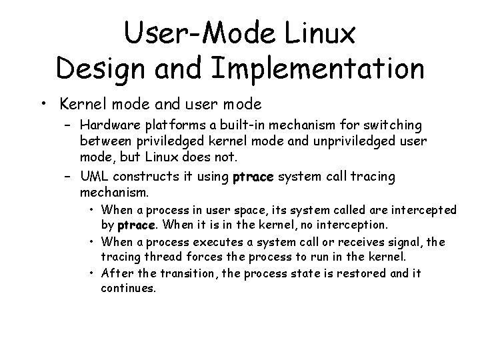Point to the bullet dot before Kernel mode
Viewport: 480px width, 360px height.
click(43, 104)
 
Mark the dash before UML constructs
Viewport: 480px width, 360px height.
click(69, 177)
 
